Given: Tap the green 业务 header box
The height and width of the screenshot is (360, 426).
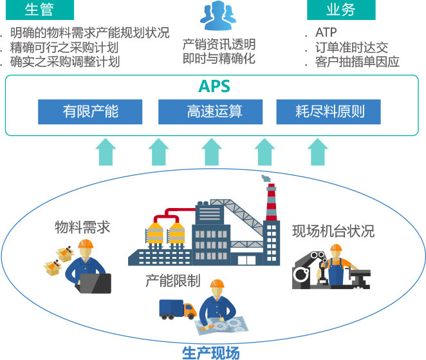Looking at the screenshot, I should point(341,10).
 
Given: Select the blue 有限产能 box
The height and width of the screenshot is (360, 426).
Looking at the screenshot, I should point(90,111).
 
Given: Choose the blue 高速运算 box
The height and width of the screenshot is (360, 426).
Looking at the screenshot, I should point(210,111).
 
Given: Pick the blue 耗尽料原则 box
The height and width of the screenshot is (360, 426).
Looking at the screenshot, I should point(328,111).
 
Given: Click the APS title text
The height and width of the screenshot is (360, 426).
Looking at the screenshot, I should point(214,86).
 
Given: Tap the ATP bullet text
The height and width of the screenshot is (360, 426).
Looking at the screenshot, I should point(326,32).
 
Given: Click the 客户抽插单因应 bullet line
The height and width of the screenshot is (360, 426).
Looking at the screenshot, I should point(357,62).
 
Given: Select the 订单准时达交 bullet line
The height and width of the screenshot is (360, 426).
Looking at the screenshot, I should point(351,48).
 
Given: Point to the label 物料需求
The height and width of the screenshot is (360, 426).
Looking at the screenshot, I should point(82,227).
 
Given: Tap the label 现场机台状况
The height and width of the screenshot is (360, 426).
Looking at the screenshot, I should point(333,231).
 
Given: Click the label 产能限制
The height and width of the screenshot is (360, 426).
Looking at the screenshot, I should point(172,281).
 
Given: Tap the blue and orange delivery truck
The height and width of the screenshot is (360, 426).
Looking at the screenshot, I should point(178,310).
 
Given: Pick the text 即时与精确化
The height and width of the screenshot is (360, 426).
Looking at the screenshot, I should point(219,59).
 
